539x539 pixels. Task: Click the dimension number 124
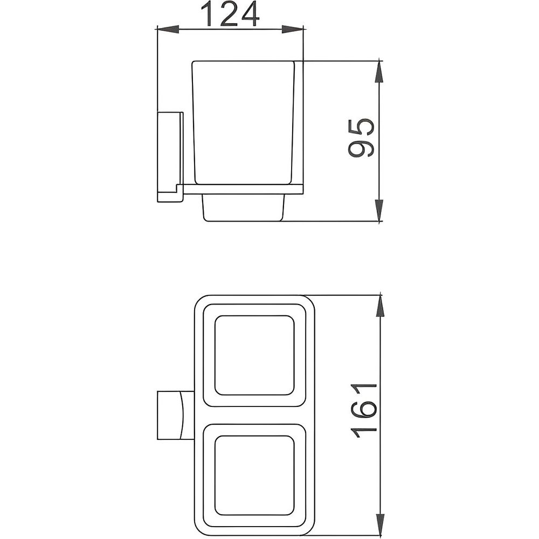point(230,14)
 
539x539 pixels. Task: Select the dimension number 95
point(361,138)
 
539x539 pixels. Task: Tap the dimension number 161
point(364,410)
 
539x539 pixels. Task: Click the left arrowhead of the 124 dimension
point(168,30)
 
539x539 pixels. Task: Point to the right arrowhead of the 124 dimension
point(293,30)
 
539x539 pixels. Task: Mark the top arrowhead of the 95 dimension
point(379,72)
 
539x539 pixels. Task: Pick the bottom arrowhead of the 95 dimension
point(379,210)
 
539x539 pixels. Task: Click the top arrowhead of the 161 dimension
point(380,306)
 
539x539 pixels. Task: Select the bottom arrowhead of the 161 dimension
point(380,524)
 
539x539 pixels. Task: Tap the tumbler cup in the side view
point(244,123)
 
